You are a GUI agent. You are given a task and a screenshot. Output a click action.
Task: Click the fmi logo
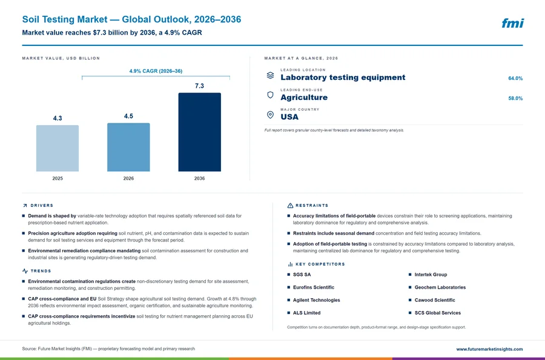pyautogui.click(x=512, y=23)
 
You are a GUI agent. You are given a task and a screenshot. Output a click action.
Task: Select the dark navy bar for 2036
pyautogui.click(x=199, y=132)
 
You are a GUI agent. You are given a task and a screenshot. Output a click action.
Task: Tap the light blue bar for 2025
pyautogui.click(x=58, y=148)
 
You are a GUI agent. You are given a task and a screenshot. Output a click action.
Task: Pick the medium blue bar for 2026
pyautogui.click(x=128, y=147)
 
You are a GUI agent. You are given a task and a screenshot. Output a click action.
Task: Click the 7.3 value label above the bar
pyautogui.click(x=199, y=86)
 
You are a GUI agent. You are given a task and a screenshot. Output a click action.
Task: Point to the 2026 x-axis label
pyautogui.click(x=128, y=178)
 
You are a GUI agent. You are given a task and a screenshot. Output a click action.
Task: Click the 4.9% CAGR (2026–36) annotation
pyautogui.click(x=156, y=71)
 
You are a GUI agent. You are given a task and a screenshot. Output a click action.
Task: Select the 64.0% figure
pyautogui.click(x=515, y=79)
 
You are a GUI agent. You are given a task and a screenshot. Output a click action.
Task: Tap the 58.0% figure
pyautogui.click(x=515, y=98)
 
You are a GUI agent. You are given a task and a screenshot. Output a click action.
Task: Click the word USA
pyautogui.click(x=289, y=117)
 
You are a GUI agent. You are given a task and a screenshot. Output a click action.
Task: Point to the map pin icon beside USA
pyautogui.click(x=270, y=115)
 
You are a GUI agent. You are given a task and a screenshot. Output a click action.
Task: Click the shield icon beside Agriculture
pyautogui.click(x=270, y=95)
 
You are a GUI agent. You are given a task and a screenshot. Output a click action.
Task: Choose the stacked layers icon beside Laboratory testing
pyautogui.click(x=270, y=76)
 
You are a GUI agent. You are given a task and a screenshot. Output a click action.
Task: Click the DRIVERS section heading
pyautogui.click(x=42, y=206)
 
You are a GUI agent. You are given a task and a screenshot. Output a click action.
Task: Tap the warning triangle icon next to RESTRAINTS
pyautogui.click(x=290, y=206)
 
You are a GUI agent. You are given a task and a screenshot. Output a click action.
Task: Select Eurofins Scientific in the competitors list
pyautogui.click(x=314, y=287)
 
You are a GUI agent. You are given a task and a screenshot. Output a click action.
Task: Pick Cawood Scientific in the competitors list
pyautogui.click(x=435, y=300)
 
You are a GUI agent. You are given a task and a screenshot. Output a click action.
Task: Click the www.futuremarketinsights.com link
pyautogui.click(x=489, y=349)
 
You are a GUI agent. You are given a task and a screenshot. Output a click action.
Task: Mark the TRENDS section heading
pyautogui.click(x=41, y=271)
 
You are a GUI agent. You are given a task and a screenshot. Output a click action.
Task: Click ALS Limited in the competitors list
pyautogui.click(x=306, y=313)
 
